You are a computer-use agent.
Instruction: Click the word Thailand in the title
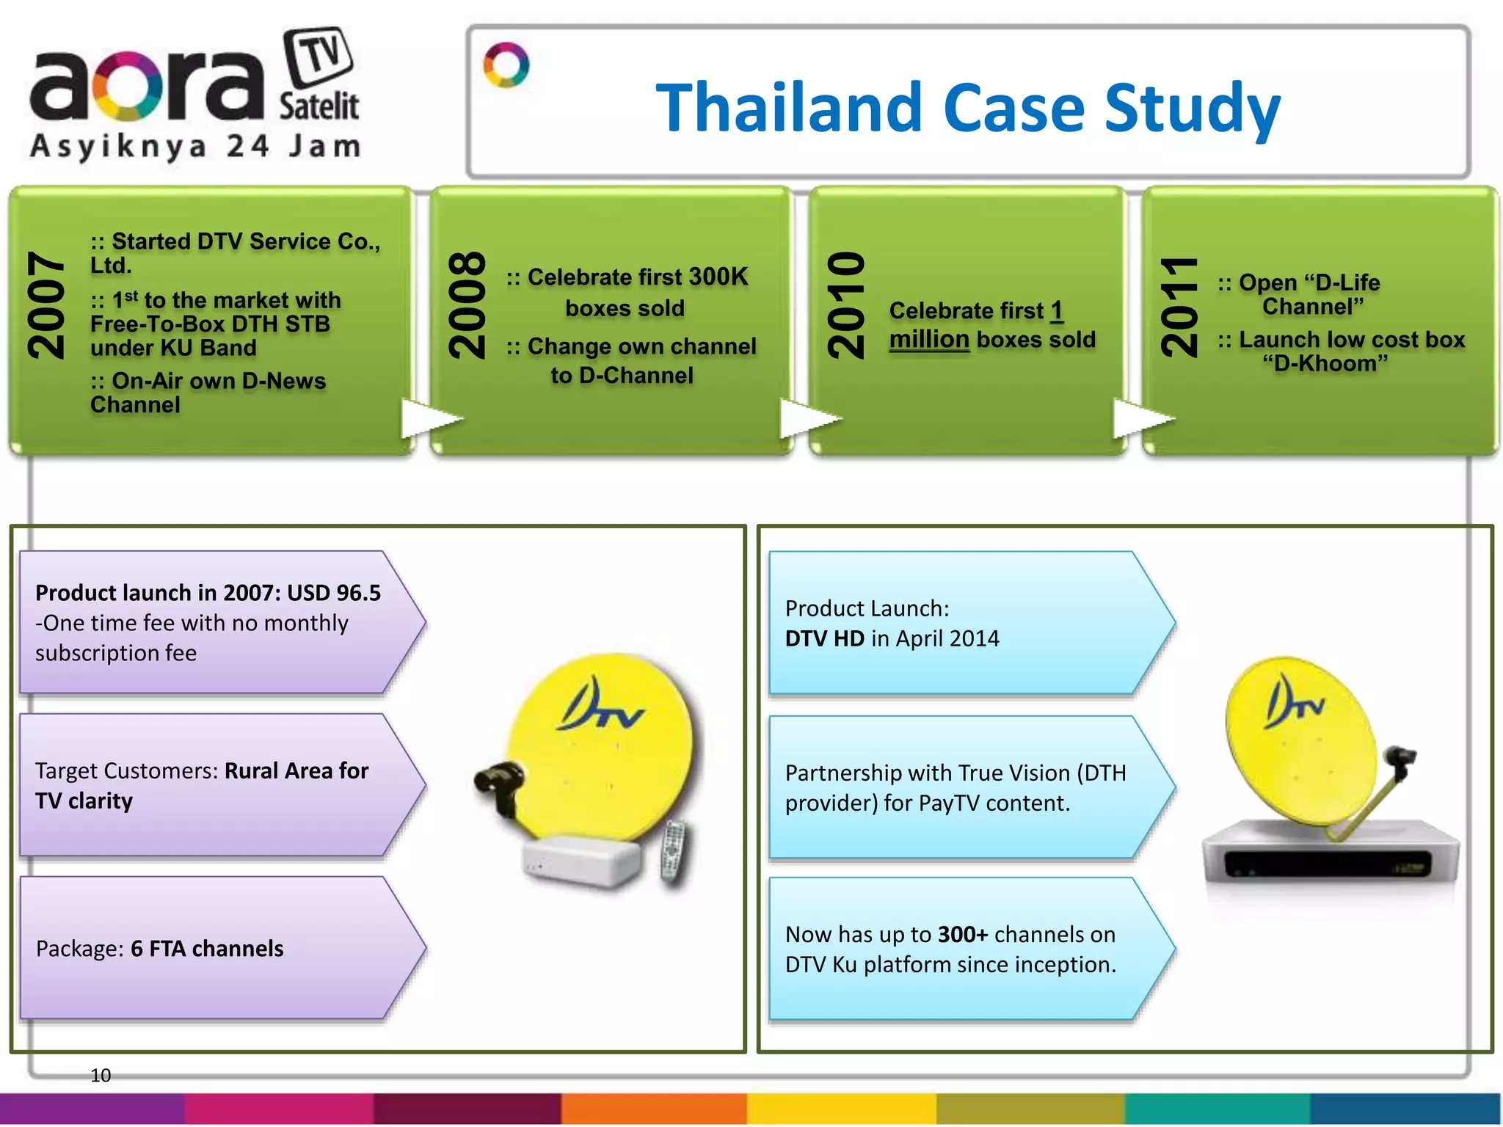pyautogui.click(x=788, y=109)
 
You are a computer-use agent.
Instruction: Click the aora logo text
pyautogui.click(x=147, y=87)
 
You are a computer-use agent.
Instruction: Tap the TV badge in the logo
pyautogui.click(x=319, y=56)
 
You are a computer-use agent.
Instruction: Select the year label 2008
pyautogui.click(x=467, y=305)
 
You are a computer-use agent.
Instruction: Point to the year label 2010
pyautogui.click(x=846, y=305)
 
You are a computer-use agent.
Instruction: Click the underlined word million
pyautogui.click(x=929, y=340)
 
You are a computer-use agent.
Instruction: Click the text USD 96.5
pyautogui.click(x=334, y=593)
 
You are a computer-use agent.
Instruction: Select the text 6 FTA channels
pyautogui.click(x=207, y=949)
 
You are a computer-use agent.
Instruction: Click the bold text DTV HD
pyautogui.click(x=824, y=638)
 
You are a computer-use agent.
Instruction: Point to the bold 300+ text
pyautogui.click(x=963, y=934)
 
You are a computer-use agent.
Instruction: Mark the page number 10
pyautogui.click(x=101, y=1076)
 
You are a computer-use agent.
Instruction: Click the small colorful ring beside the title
pyautogui.click(x=506, y=65)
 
